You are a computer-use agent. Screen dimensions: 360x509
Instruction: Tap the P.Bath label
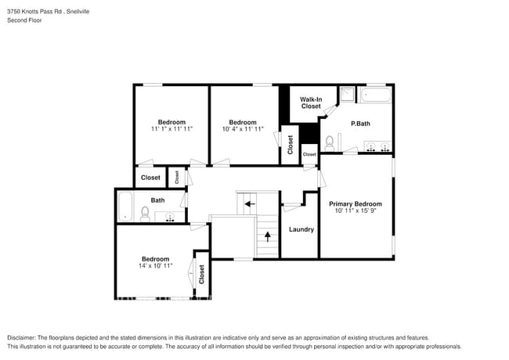360,124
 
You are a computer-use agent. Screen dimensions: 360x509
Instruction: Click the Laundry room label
301,229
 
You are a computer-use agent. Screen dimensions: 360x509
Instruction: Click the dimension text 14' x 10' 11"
155,267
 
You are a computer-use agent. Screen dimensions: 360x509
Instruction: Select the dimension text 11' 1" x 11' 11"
171,129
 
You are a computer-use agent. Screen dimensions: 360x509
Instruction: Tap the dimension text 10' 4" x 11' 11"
242,129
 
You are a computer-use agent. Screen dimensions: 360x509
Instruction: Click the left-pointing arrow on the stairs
250,203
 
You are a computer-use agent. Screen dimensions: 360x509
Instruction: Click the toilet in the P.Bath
330,143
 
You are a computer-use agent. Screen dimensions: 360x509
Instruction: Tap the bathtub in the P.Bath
377,97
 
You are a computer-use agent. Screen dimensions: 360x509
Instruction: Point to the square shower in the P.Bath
347,95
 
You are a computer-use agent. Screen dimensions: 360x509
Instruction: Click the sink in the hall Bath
169,216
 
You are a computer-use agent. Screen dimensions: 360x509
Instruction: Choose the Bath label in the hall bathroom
157,200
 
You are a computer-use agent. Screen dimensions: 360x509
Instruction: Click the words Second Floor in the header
24,20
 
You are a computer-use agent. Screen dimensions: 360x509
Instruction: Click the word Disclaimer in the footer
24,337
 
